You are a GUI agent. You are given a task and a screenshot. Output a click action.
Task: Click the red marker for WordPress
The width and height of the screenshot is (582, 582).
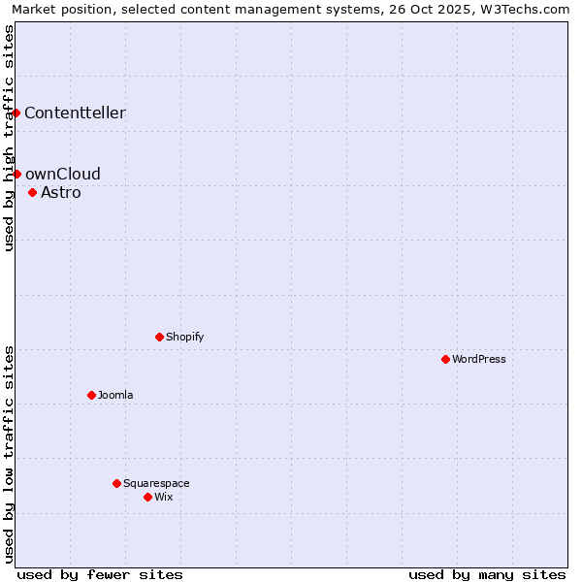[x=445, y=359]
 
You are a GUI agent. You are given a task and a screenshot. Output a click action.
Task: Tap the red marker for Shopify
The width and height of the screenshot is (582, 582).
[x=159, y=337]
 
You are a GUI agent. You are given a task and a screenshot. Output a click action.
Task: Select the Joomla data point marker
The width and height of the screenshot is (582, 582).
[x=91, y=395]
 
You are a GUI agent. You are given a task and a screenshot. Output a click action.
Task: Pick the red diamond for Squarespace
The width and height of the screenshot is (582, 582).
[x=116, y=483]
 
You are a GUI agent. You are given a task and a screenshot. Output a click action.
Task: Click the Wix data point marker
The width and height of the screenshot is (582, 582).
[x=147, y=497]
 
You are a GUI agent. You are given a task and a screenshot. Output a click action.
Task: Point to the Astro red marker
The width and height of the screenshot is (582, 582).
[x=32, y=192]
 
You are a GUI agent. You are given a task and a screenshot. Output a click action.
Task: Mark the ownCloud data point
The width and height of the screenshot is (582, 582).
[x=16, y=174]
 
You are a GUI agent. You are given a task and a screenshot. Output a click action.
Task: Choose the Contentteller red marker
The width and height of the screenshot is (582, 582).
[x=16, y=113]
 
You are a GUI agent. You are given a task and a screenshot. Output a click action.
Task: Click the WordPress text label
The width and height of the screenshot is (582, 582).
[x=479, y=359]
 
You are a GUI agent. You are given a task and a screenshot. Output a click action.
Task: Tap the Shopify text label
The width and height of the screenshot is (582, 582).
[x=184, y=337]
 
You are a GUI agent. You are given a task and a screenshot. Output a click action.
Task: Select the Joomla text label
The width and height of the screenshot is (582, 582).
[x=115, y=395]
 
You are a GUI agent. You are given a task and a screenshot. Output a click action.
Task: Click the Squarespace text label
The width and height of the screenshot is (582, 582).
[x=156, y=483]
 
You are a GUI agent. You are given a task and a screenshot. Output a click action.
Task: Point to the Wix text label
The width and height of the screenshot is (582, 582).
[x=163, y=497]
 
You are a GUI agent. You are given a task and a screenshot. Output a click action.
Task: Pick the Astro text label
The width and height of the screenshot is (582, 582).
[x=61, y=192]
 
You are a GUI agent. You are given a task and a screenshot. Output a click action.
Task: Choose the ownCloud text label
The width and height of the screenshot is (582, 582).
[x=63, y=174]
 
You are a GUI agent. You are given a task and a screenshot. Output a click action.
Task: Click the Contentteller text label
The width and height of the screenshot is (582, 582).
[x=75, y=113]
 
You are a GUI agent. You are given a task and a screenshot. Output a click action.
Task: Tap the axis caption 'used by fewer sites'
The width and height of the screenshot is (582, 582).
[x=100, y=574]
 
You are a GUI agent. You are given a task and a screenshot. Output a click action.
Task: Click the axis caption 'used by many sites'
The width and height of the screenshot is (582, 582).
[x=487, y=574]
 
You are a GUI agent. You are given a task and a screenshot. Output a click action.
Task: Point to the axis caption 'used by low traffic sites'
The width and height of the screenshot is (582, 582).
[x=9, y=453]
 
